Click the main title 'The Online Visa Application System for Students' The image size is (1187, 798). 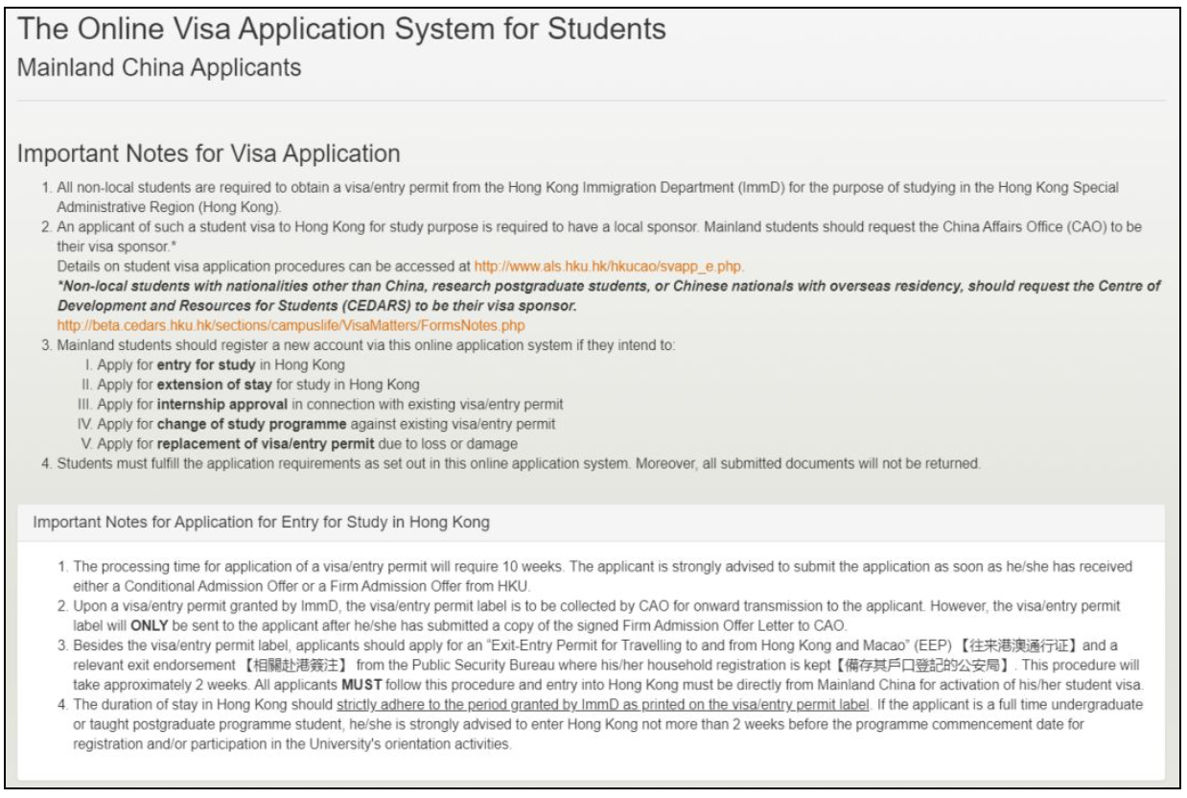pos(342,30)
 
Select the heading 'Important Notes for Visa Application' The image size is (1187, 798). pos(208,153)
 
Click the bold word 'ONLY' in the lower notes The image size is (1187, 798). pos(112,622)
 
